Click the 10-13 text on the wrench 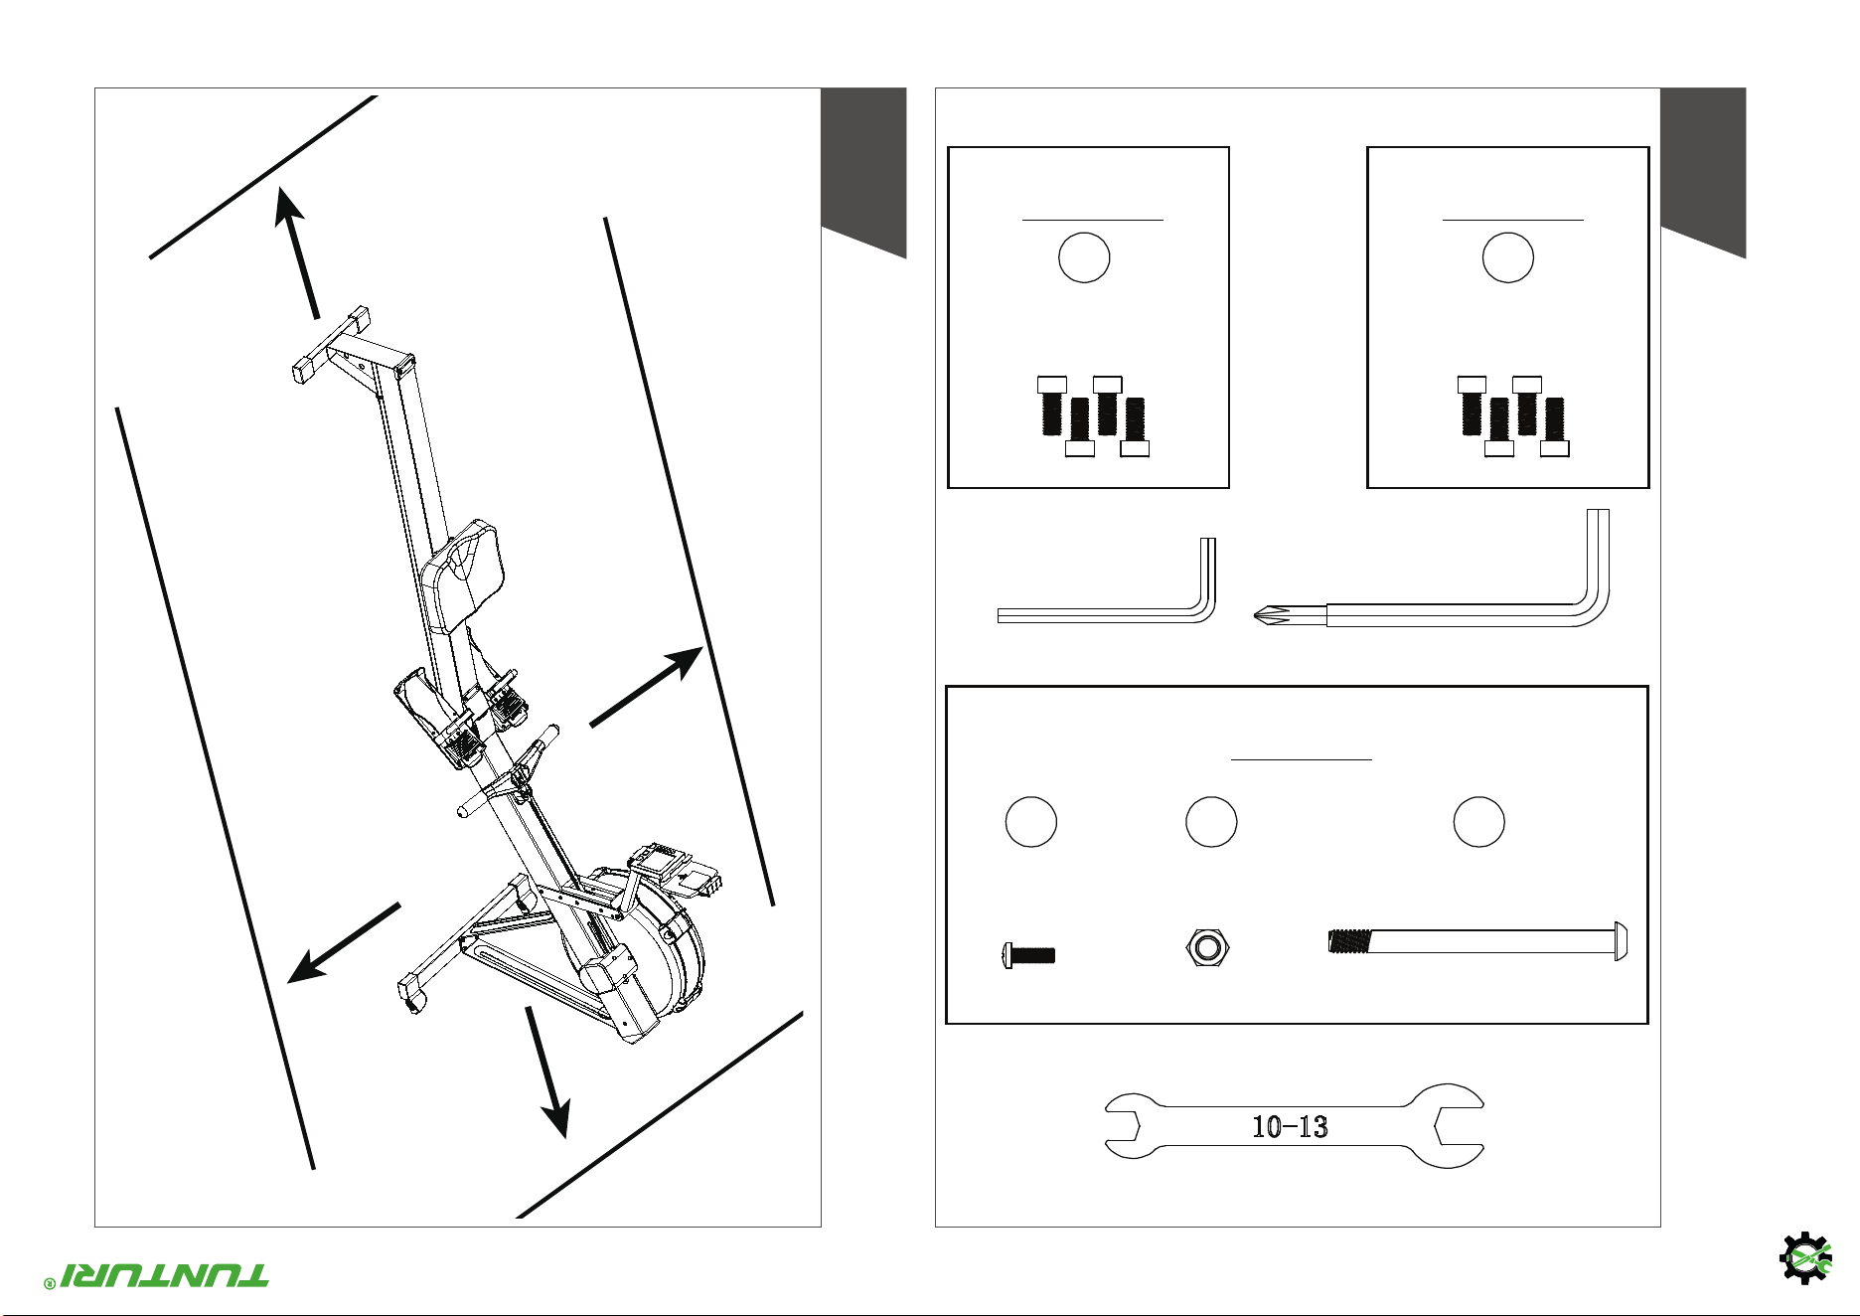pyautogui.click(x=1290, y=1126)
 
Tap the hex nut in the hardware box pyautogui.click(x=1207, y=948)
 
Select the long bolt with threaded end pyautogui.click(x=1477, y=941)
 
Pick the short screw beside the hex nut pyautogui.click(x=1028, y=955)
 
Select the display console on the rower pyautogui.click(x=674, y=868)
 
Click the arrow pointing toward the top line pyautogui.click(x=298, y=252)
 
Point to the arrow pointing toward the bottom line pyautogui.click(x=547, y=1072)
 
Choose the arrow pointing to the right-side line pyautogui.click(x=647, y=687)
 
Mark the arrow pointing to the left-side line pyautogui.click(x=344, y=942)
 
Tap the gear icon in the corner pyautogui.click(x=1805, y=1258)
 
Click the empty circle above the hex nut pyautogui.click(x=1211, y=822)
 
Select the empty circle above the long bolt pyautogui.click(x=1478, y=822)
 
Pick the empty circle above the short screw pyautogui.click(x=1031, y=822)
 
